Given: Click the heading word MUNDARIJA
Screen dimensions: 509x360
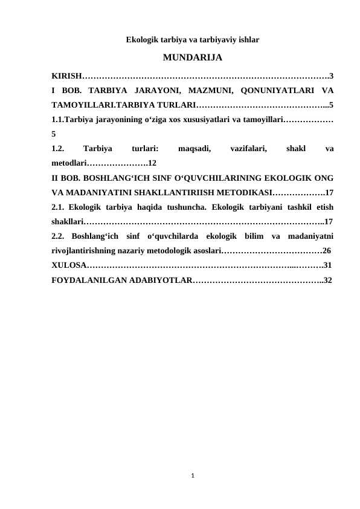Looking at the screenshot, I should pyautogui.click(x=192, y=59).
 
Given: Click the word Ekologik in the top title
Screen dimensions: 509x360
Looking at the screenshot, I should pyautogui.click(x=140, y=41).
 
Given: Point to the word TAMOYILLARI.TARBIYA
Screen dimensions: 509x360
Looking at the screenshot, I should pyautogui.click(x=103, y=105).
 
